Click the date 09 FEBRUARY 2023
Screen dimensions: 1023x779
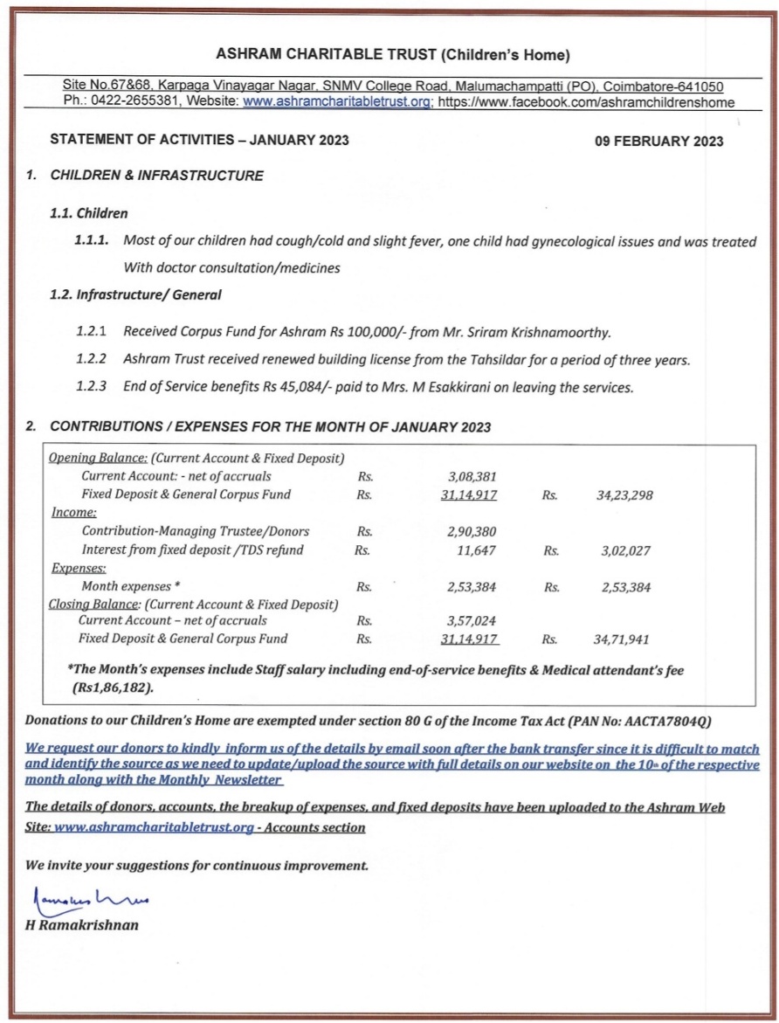click(x=658, y=142)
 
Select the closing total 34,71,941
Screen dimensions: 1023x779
click(x=623, y=639)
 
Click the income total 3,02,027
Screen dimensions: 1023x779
click(x=626, y=551)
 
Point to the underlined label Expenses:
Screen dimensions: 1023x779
click(x=77, y=569)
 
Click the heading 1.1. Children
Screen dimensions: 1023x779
click(x=89, y=212)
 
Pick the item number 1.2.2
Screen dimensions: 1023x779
click(x=91, y=360)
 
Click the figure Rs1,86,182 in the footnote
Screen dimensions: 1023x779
click(x=113, y=688)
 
